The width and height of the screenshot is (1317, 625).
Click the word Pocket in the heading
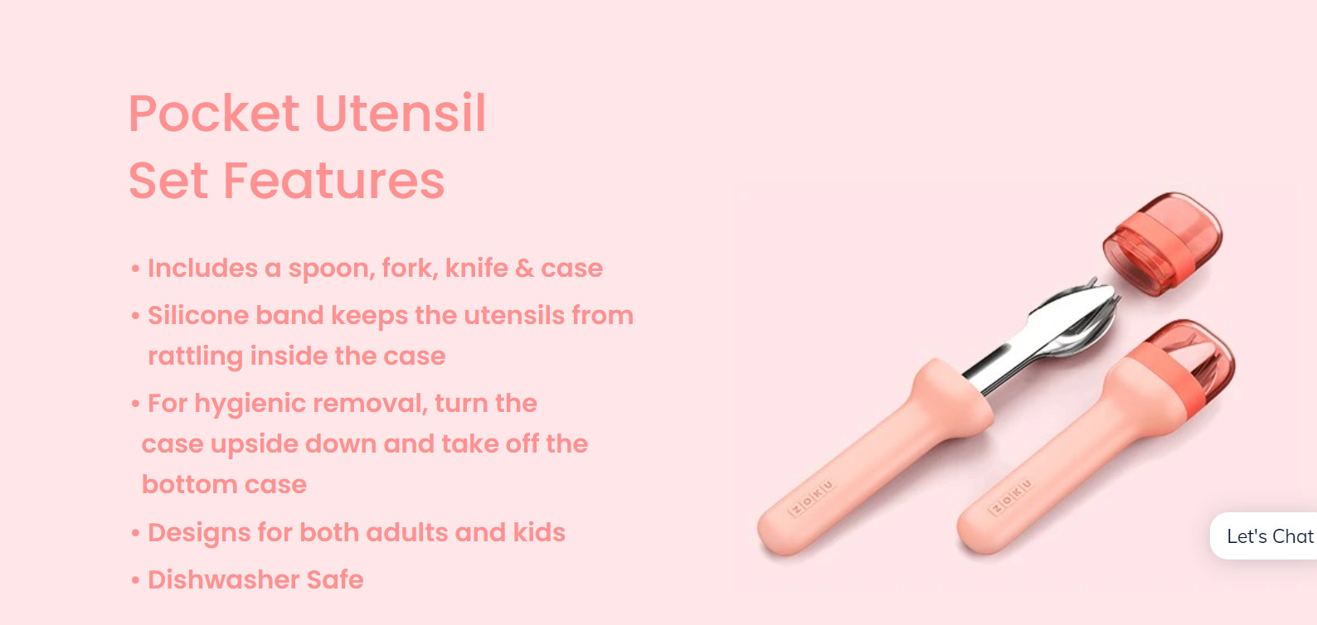tap(214, 113)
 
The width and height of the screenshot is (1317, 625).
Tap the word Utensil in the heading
tap(401, 113)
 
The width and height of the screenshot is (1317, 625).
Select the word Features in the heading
tap(333, 181)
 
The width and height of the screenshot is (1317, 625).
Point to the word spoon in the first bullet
tap(332, 269)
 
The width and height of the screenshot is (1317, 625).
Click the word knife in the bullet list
tap(476, 268)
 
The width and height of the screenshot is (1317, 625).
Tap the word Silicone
tap(198, 316)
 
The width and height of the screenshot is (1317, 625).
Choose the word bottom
tap(189, 485)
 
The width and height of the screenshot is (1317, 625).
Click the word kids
tap(539, 532)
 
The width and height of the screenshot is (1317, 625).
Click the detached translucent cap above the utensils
tap(1162, 243)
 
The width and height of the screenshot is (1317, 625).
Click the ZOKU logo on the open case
tap(812, 497)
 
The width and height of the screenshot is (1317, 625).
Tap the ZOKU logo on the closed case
tap(1011, 497)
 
